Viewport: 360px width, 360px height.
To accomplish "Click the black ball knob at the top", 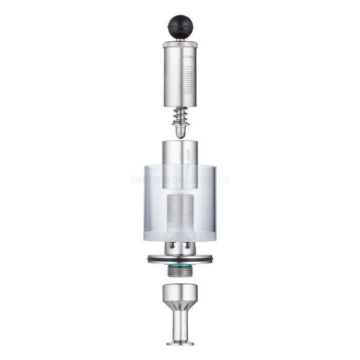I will tap(179, 25).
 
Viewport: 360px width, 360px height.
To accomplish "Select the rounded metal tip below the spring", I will tap(179, 132).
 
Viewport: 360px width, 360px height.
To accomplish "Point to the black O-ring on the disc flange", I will tap(179, 261).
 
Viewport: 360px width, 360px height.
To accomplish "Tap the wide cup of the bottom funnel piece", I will tap(179, 294).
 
